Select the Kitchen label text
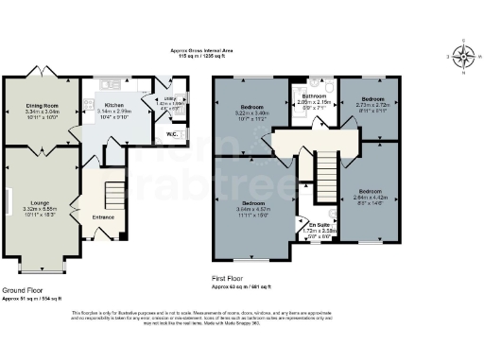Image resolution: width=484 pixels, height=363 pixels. click(x=114, y=105)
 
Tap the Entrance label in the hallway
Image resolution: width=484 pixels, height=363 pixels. click(x=103, y=216)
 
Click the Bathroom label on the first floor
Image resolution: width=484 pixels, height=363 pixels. click(x=314, y=97)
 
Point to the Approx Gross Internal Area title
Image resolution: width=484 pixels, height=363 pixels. click(x=200, y=51)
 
